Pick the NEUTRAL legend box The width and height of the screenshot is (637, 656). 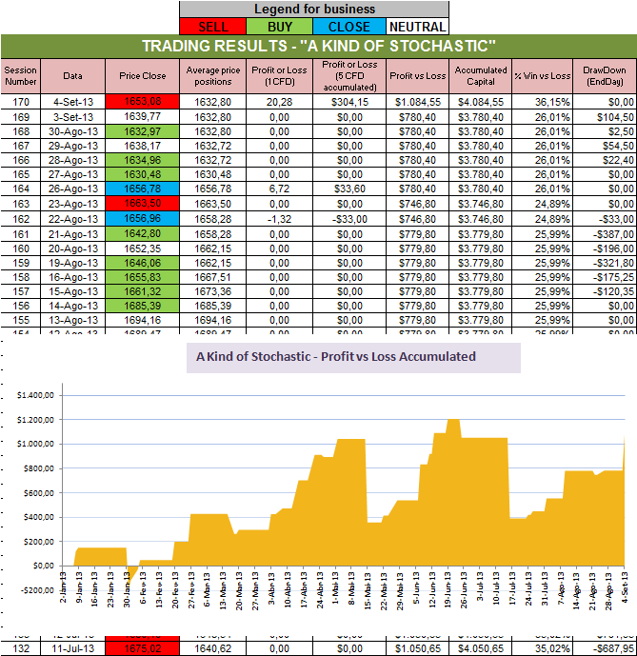[x=417, y=26]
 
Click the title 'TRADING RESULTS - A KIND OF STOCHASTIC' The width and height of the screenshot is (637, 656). [x=318, y=47]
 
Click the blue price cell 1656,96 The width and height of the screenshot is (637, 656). [x=143, y=218]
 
